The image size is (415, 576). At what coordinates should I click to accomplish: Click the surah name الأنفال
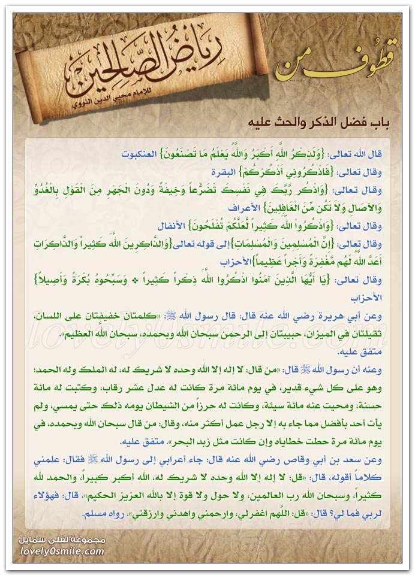(x=174, y=228)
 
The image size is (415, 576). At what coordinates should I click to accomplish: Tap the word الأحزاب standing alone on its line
(x=368, y=295)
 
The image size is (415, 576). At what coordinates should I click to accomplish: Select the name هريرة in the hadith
(x=339, y=311)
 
